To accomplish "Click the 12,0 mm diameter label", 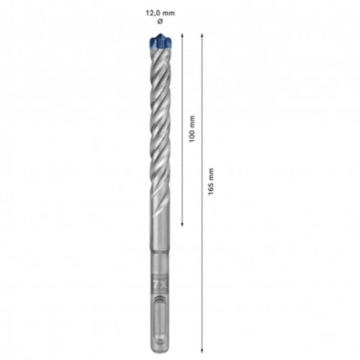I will pos(159,13).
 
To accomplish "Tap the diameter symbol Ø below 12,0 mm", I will pos(159,22).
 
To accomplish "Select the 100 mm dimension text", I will pos(192,129).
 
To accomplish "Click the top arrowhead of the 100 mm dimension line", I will pos(182,35).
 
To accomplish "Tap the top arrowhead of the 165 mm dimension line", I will pos(202,35).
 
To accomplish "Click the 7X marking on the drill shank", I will pos(160,285).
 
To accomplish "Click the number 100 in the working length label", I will pos(192,136).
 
